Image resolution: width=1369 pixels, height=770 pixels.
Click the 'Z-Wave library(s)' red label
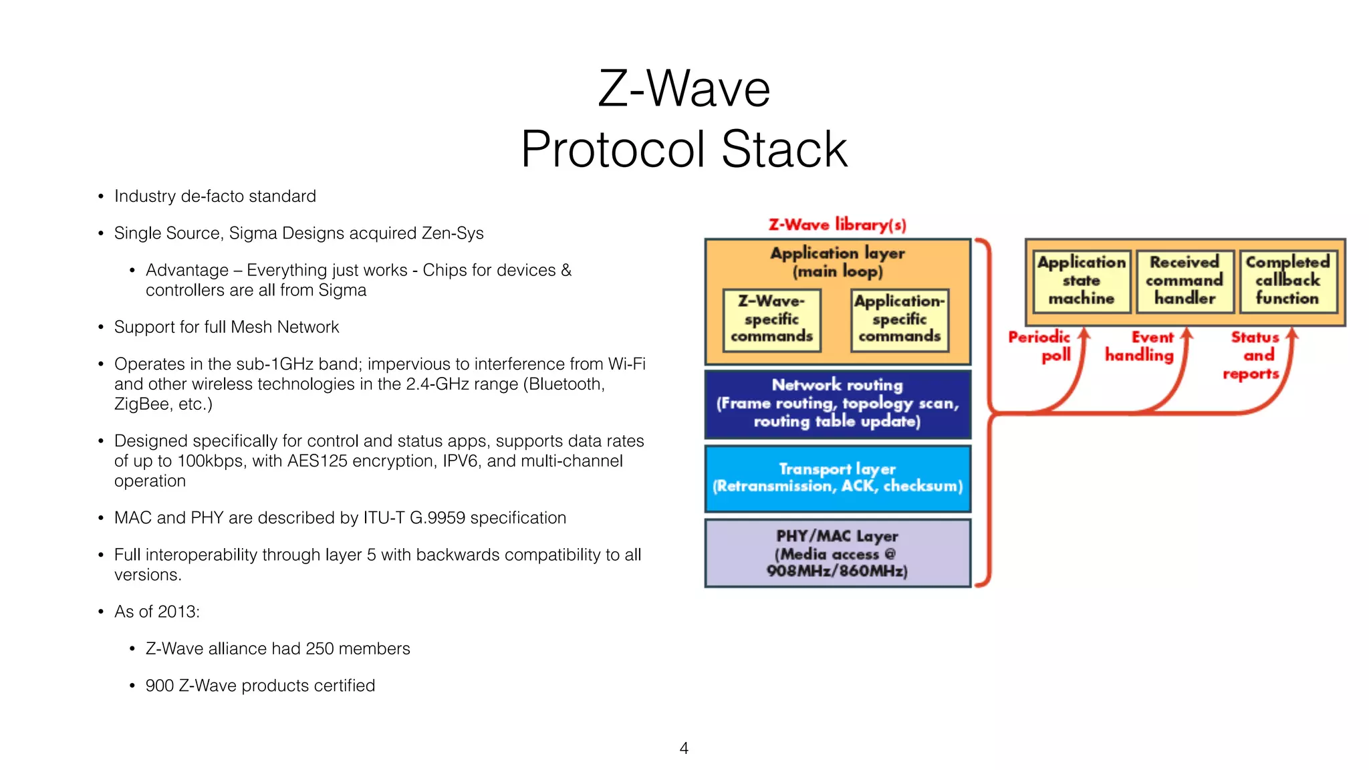click(837, 225)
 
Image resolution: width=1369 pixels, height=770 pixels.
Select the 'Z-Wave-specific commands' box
click(771, 319)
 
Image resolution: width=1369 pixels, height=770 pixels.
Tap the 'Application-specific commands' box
click(899, 319)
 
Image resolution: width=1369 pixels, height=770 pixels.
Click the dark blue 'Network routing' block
click(838, 404)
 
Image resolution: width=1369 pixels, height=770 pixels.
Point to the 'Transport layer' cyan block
click(838, 478)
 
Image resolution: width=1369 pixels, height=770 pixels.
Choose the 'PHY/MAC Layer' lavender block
click(838, 553)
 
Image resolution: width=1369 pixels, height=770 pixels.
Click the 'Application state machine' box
click(1081, 281)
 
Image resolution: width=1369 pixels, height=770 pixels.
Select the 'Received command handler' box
click(1185, 281)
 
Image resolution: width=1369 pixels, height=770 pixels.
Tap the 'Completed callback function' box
click(1287, 281)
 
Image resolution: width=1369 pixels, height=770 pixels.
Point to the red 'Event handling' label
click(1140, 346)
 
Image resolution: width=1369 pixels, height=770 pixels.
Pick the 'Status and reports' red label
click(1253, 355)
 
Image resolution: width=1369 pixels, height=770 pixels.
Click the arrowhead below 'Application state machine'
click(1084, 333)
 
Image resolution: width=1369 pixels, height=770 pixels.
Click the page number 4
click(684, 748)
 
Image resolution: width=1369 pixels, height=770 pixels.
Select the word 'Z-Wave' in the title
click(684, 89)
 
